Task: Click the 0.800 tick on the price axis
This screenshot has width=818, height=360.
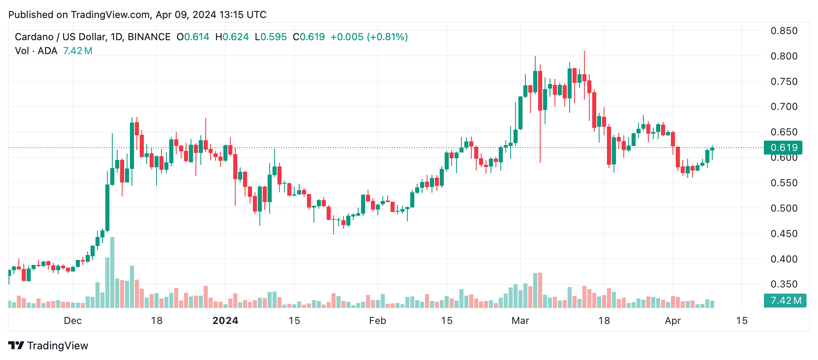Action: coord(784,56)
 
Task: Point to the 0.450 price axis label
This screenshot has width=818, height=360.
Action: coord(784,234)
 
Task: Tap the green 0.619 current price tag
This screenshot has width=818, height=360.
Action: coord(783,148)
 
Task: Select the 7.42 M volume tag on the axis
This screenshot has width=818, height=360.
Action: coord(785,301)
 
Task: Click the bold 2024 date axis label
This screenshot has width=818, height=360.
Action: coord(225,321)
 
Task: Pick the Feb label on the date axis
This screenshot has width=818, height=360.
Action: coord(377,321)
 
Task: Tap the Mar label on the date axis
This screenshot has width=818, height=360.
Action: coord(520,321)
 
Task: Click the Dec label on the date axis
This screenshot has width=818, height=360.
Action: coord(73,321)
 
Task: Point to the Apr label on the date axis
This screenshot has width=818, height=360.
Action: coord(673,321)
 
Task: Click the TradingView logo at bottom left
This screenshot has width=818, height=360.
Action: coord(48,346)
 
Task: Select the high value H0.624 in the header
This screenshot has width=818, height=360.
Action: coord(232,37)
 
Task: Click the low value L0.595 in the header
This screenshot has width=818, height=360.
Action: coord(270,37)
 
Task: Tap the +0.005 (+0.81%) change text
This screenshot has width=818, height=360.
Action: coord(369,37)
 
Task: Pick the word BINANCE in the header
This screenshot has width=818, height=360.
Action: coord(149,37)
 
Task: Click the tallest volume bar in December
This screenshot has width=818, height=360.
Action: coord(112,273)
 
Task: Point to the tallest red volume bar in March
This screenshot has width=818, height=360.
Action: coord(540,290)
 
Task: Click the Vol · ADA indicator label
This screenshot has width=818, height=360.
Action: coord(36,51)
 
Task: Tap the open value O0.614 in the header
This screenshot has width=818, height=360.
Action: coord(193,37)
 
